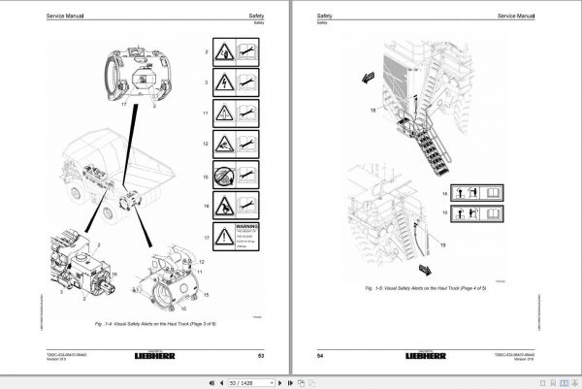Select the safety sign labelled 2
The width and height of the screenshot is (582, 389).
pos(236,53)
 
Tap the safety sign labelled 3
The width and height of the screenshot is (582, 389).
pos(236,84)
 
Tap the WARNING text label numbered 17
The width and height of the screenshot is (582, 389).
pos(236,238)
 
